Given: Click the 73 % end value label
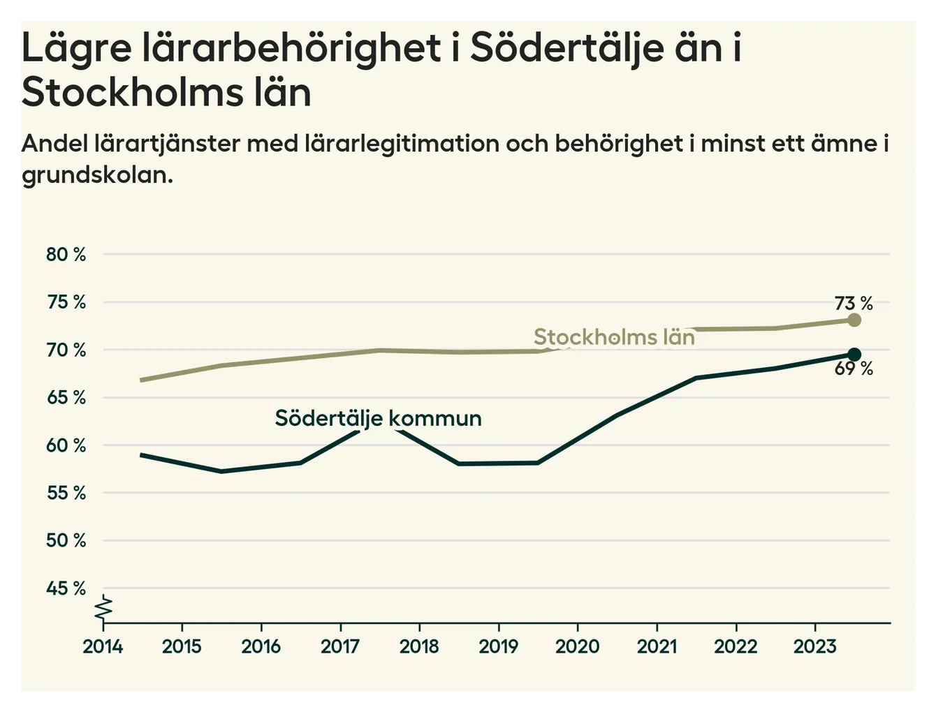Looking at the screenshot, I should [x=854, y=304].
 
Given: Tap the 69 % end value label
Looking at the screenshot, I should [x=854, y=369].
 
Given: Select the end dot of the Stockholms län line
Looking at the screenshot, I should [x=854, y=320].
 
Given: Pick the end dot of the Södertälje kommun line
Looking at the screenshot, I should [x=854, y=355].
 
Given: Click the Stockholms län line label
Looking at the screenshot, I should [x=614, y=337].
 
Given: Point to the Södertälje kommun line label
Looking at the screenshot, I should [x=378, y=418].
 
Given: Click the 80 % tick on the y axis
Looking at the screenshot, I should [x=66, y=255].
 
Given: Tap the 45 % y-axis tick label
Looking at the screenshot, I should [x=66, y=588].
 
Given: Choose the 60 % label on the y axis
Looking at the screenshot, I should [x=66, y=445].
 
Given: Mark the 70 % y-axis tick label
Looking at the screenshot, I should [x=66, y=350].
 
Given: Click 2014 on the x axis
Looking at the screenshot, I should [x=103, y=646].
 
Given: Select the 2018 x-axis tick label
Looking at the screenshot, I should [x=419, y=646].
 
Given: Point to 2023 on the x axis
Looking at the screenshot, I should [x=814, y=646].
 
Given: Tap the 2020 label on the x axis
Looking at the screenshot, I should [x=577, y=646].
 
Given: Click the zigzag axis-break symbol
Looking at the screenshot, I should [x=104, y=608].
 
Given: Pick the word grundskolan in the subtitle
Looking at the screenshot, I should [x=97, y=175].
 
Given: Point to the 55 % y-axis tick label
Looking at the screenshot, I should [x=66, y=494].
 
